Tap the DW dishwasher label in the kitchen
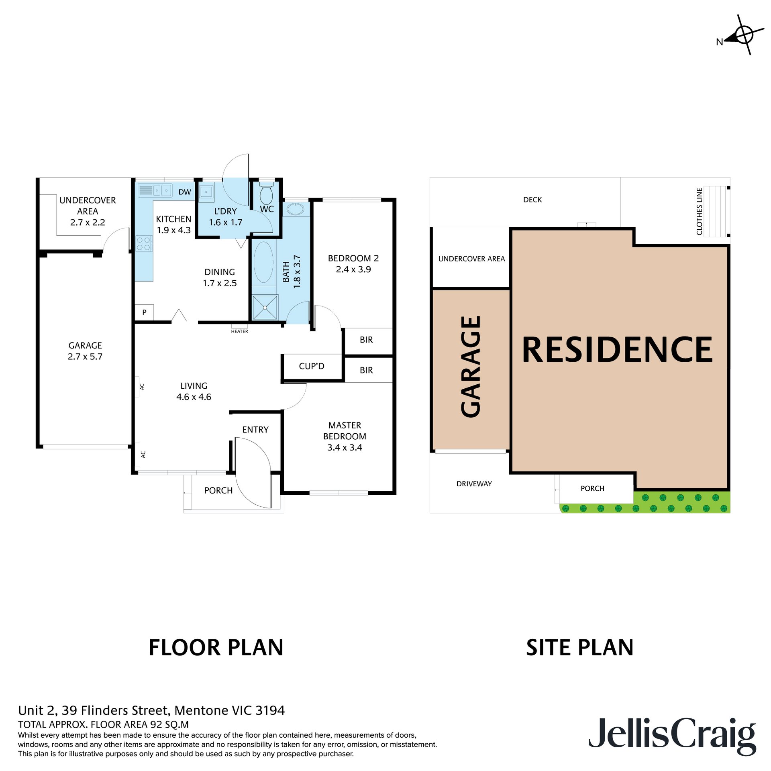(184, 192)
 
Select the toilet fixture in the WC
(266, 195)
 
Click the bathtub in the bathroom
(263, 262)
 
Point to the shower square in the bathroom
(265, 308)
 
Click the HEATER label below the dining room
(239, 331)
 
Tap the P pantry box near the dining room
(144, 312)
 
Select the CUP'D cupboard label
(312, 366)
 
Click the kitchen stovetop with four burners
(143, 244)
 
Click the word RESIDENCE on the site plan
(617, 350)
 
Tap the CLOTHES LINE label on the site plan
(699, 212)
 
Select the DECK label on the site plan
(532, 200)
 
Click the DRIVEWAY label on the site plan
(474, 484)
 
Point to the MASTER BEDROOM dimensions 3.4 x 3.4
(345, 448)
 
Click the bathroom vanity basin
(296, 209)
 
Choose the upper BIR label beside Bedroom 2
(366, 340)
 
